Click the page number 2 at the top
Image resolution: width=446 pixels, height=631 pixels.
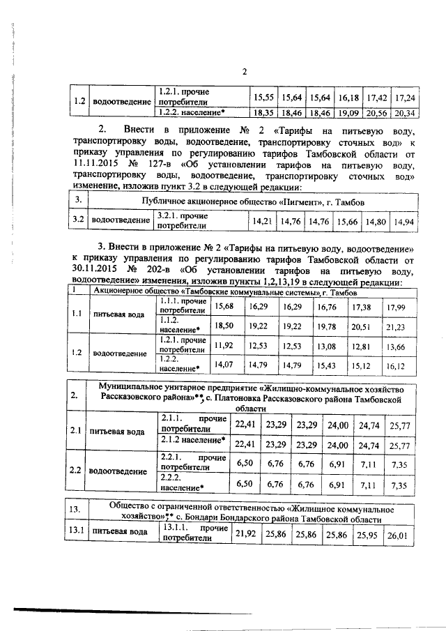(x=245, y=71)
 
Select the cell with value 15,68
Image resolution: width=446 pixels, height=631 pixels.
(x=224, y=306)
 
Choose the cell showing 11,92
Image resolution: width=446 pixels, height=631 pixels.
(x=224, y=344)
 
